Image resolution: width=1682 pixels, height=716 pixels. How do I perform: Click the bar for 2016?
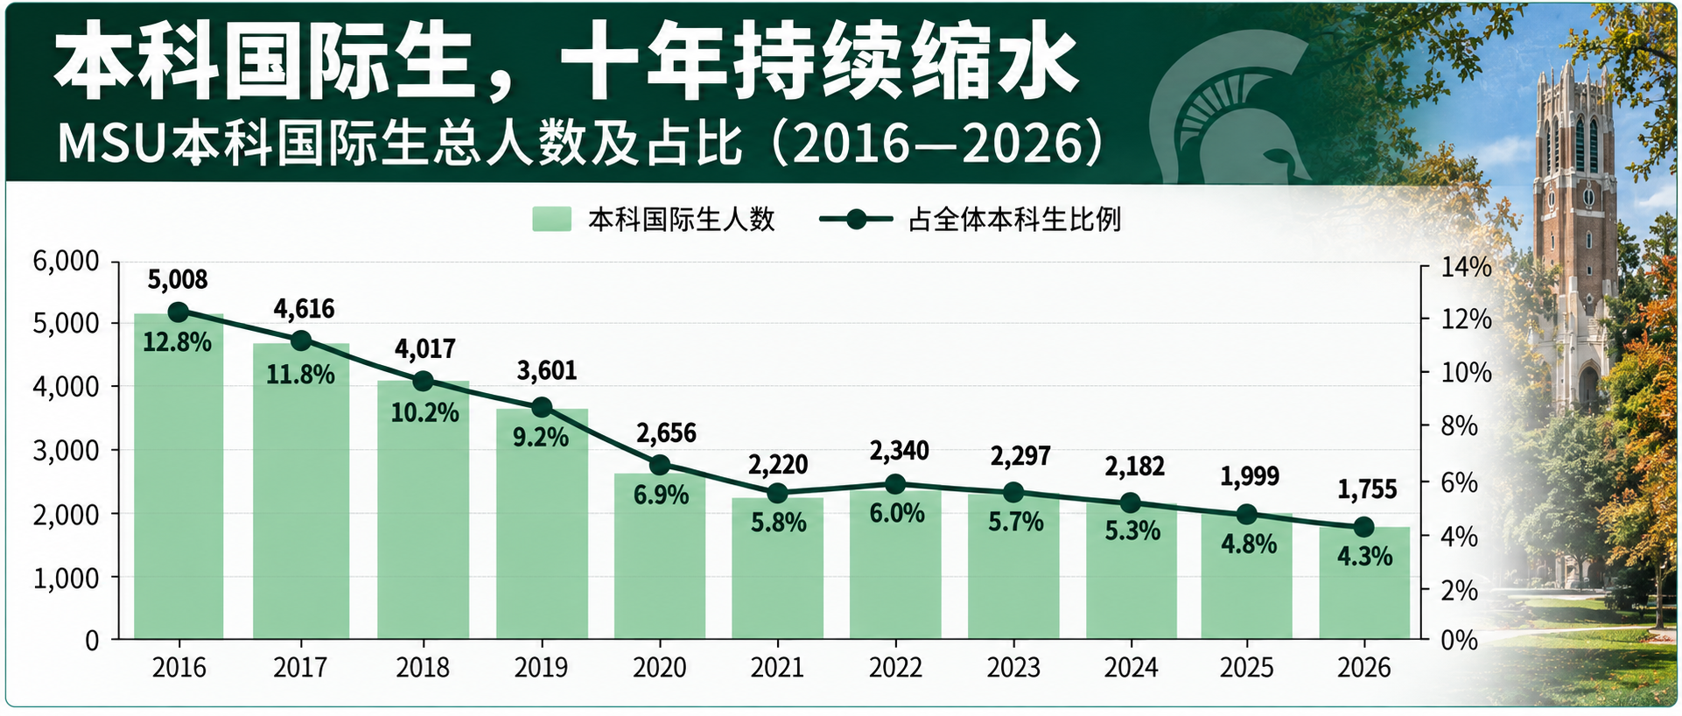[179, 476]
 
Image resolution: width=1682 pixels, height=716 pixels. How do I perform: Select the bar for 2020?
[660, 556]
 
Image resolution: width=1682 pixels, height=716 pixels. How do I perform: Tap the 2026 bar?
[1364, 583]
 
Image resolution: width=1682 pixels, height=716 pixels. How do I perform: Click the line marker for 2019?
[542, 407]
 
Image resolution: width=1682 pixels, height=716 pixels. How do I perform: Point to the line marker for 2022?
[895, 484]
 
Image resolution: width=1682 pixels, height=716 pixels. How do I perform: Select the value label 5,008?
[178, 280]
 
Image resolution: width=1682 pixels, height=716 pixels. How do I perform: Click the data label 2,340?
[899, 451]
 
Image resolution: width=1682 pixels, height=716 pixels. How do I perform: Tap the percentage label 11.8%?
[300, 375]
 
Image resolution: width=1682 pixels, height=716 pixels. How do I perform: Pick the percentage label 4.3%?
[1364, 556]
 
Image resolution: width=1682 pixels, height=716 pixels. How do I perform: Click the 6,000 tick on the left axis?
[66, 261]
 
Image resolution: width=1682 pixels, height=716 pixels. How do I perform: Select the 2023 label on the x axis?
[1013, 668]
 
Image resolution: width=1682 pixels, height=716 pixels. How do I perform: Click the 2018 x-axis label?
[423, 668]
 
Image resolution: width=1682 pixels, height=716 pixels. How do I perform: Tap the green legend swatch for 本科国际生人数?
[551, 219]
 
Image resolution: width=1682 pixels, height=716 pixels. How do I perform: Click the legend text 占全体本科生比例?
[1015, 219]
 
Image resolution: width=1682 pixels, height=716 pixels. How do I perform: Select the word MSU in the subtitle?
[111, 144]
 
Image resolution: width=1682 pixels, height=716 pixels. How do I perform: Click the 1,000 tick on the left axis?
[66, 578]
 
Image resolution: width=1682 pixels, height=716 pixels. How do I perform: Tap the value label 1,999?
[1250, 476]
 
